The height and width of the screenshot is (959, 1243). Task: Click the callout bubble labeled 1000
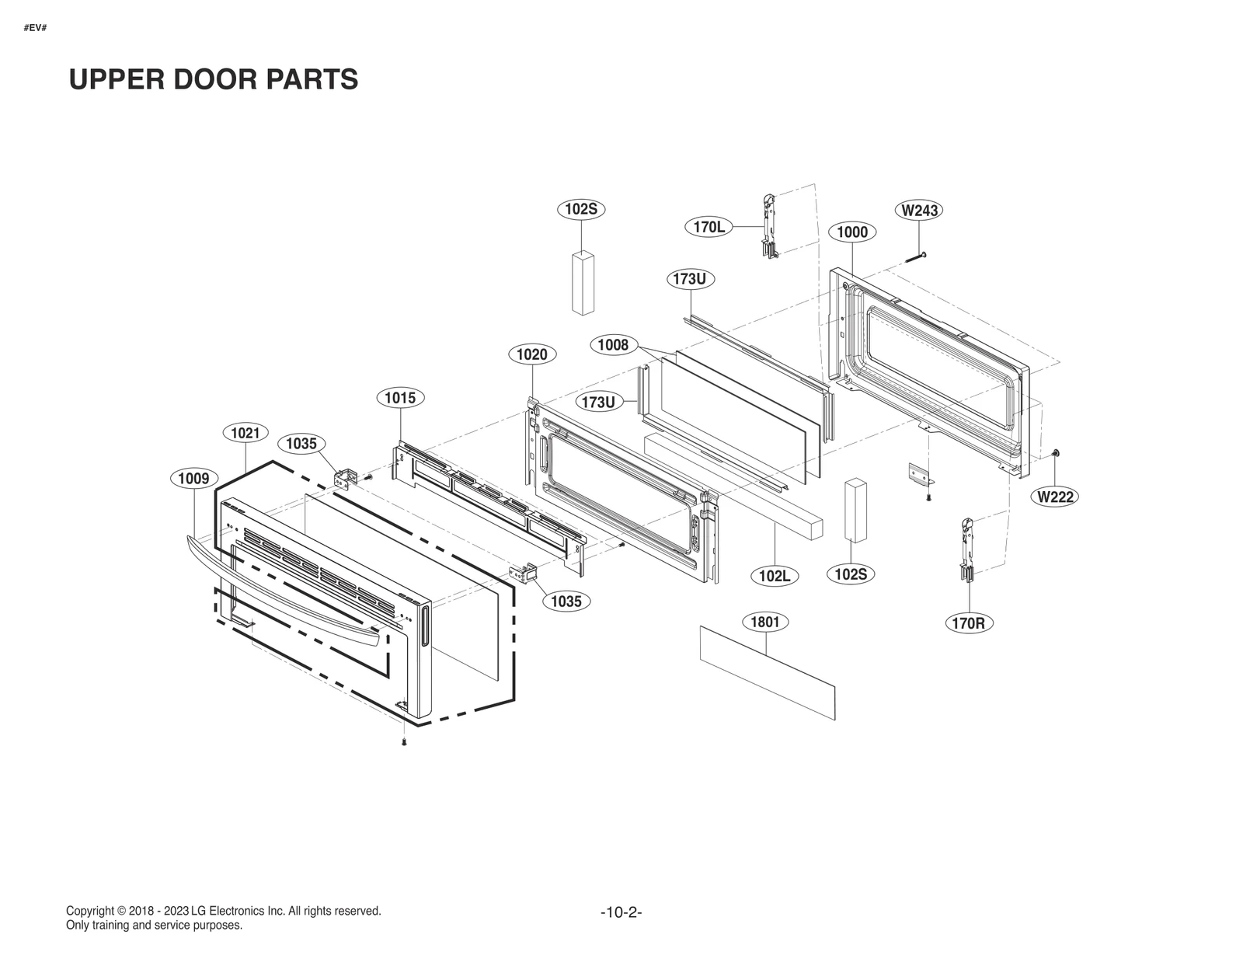tap(851, 232)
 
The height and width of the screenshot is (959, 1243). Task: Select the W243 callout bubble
tap(919, 210)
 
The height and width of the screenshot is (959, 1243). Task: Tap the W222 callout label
tap(1056, 497)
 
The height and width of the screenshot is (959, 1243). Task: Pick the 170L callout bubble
tap(709, 227)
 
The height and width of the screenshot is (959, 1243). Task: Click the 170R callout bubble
tap(969, 622)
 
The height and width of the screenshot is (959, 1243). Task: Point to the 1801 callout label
tap(764, 622)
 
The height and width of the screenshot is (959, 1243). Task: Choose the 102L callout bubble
tap(774, 576)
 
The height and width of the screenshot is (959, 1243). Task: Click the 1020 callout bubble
tap(531, 354)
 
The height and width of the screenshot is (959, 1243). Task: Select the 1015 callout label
tap(400, 398)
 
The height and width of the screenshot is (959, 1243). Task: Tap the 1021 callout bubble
tap(245, 433)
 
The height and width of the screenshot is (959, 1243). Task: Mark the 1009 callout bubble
tap(193, 478)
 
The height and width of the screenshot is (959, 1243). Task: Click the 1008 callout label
tap(613, 344)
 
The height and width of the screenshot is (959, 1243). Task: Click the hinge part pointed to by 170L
tap(768, 225)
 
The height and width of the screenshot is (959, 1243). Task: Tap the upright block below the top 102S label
tap(583, 281)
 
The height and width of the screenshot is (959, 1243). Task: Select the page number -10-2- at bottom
tap(621, 912)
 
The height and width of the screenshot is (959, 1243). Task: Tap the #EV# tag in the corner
tap(35, 28)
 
